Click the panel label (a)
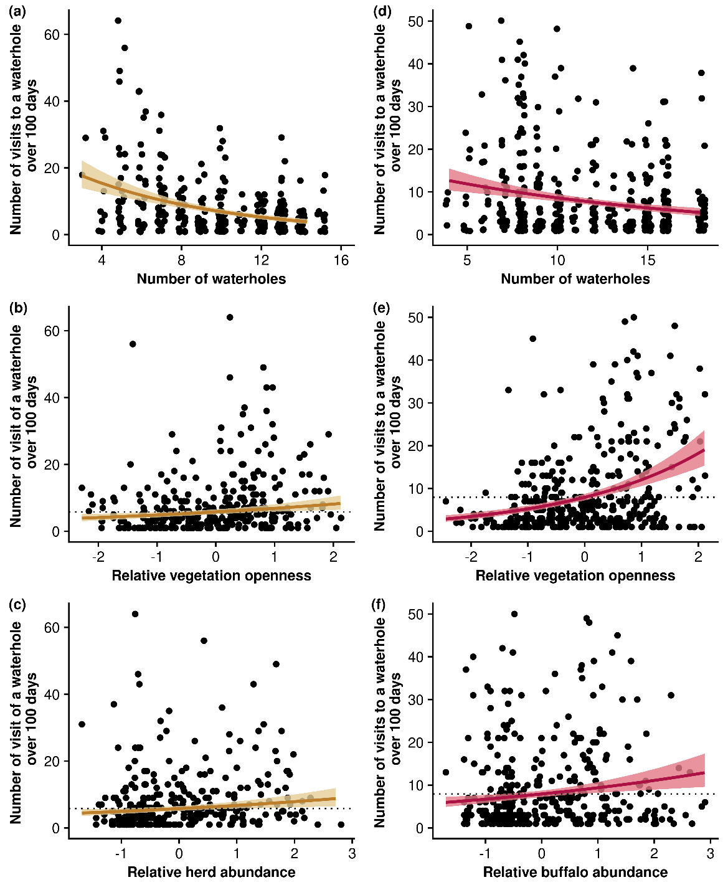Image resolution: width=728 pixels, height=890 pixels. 17,11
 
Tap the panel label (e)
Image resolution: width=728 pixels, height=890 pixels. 381,308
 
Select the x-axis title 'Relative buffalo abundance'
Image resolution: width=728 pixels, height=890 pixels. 575,872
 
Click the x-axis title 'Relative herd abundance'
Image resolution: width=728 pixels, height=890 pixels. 211,872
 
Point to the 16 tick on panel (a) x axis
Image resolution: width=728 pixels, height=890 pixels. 341,260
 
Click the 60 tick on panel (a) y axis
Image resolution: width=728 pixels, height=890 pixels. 52,35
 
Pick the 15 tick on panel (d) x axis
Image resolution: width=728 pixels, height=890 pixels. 648,260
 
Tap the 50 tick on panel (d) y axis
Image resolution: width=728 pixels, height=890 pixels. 416,22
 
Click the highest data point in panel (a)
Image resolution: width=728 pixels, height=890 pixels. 118,21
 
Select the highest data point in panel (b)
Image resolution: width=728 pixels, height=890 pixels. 230,317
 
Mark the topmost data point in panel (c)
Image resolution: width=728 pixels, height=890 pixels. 135,614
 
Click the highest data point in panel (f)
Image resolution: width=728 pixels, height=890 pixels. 514,614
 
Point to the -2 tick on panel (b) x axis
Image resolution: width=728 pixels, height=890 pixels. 98,556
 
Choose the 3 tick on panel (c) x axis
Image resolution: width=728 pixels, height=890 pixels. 352,853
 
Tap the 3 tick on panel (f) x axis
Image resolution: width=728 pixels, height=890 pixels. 711,853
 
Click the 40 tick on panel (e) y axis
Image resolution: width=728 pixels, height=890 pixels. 416,361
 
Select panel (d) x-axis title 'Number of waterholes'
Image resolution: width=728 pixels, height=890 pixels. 575,279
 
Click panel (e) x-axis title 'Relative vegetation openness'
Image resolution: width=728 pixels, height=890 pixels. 575,575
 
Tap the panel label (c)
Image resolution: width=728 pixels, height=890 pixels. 17,604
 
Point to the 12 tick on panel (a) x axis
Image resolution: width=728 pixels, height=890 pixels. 262,260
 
